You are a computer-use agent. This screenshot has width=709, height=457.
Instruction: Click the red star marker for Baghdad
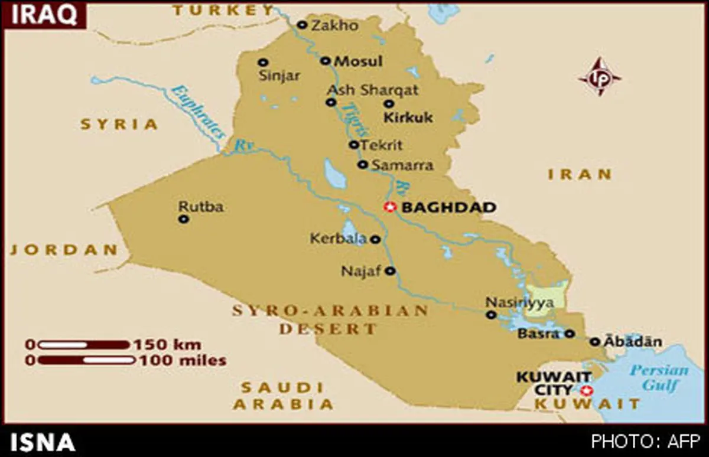[x=389, y=207]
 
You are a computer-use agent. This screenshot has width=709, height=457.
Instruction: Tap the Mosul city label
[x=359, y=61]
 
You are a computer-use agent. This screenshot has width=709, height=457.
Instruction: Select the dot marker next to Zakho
[x=302, y=25]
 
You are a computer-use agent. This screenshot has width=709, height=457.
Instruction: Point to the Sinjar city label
[x=280, y=76]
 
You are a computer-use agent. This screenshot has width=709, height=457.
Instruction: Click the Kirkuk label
[x=408, y=117]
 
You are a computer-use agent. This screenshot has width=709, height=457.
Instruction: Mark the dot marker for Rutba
[x=184, y=219]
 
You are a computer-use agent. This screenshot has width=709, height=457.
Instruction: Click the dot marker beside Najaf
[x=390, y=271]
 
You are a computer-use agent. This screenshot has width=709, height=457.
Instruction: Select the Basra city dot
[x=569, y=334]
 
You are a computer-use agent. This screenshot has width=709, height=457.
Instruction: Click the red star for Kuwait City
[x=586, y=390]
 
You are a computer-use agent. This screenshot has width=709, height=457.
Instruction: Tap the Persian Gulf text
[x=658, y=378]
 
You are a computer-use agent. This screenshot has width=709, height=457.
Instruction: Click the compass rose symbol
[x=600, y=77]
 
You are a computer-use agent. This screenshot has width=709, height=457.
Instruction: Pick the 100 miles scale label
[x=183, y=360]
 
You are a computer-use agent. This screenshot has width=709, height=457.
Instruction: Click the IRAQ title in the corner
[x=44, y=15]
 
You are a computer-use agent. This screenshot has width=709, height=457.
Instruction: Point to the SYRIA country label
[x=119, y=124]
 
